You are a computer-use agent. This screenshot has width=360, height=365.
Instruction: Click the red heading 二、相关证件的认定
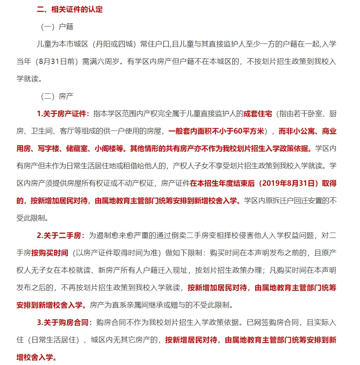(70, 9)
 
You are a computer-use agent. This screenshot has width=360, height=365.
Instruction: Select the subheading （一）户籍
(57, 27)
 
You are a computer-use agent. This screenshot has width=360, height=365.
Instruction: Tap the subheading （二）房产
(57, 96)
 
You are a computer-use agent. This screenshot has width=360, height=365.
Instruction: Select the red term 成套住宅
(258, 113)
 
